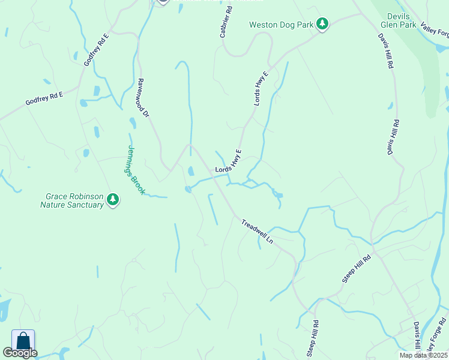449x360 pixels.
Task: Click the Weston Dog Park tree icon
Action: [x=323, y=24]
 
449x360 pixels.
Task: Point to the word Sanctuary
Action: [x=85, y=205]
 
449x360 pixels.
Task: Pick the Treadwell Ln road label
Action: [x=258, y=231]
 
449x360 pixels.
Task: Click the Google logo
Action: [x=20, y=352]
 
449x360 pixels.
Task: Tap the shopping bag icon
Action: [x=23, y=340]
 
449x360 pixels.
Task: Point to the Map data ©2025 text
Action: [x=423, y=355]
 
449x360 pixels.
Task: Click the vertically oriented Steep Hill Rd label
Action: [x=312, y=338]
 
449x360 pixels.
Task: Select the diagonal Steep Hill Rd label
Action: [x=357, y=268]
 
